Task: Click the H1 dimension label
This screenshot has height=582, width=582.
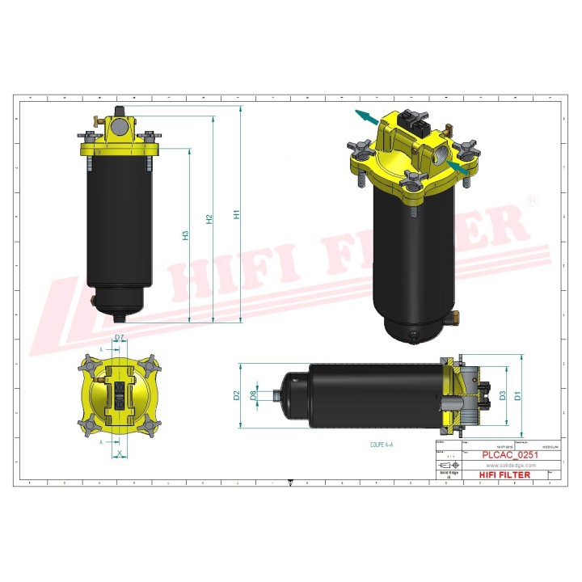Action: click(x=237, y=216)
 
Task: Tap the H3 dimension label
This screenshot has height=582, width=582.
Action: click(x=185, y=235)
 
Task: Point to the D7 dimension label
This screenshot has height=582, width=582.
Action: click(x=120, y=337)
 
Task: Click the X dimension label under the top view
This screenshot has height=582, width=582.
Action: click(x=120, y=455)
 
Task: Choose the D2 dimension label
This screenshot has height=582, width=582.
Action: click(x=237, y=395)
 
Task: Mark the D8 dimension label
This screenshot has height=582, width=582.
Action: click(x=253, y=395)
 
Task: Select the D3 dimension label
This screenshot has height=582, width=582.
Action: click(x=503, y=395)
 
